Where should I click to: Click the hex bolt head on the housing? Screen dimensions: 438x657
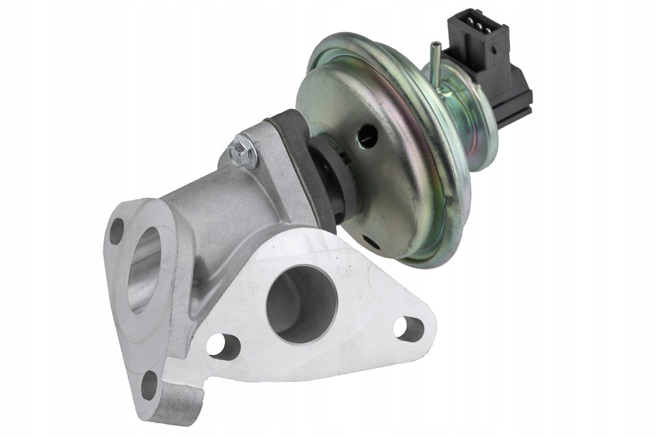(243, 152)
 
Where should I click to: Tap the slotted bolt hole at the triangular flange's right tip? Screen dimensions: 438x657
(409, 327)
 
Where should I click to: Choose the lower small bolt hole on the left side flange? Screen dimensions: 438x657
(149, 385)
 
